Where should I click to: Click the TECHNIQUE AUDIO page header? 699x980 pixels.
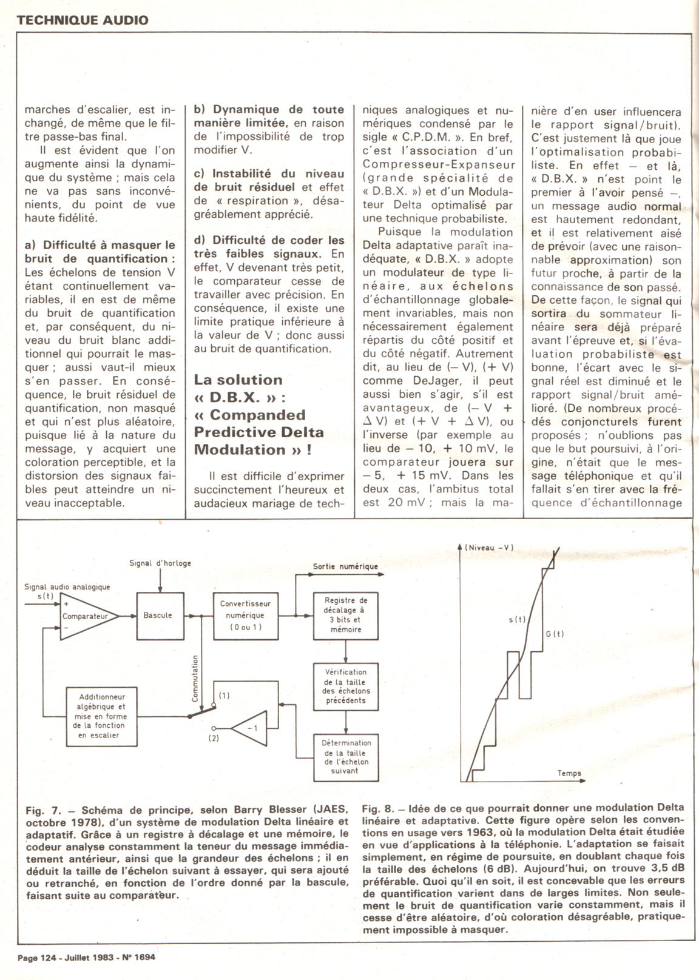pyautogui.click(x=83, y=19)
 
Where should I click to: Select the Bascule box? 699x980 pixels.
pyautogui.click(x=158, y=616)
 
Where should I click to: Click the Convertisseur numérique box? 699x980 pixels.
pyautogui.click(x=245, y=616)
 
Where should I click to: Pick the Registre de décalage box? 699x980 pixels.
pyautogui.click(x=346, y=616)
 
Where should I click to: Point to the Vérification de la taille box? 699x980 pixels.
pyautogui.click(x=346, y=686)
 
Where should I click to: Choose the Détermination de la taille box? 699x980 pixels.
pyautogui.click(x=346, y=757)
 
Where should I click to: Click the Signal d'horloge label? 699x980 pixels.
pyautogui.click(x=160, y=563)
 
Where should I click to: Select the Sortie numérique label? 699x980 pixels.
pyautogui.click(x=345, y=566)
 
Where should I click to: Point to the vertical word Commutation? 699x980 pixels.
pyautogui.click(x=195, y=677)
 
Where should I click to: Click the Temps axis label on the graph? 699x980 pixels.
pyautogui.click(x=569, y=773)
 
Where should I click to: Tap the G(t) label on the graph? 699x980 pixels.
pyautogui.click(x=554, y=634)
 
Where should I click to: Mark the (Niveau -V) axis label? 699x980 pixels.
pyautogui.click(x=489, y=548)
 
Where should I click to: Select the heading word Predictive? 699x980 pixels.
pyautogui.click(x=231, y=432)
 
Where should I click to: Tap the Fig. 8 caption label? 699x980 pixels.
pyautogui.click(x=379, y=807)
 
